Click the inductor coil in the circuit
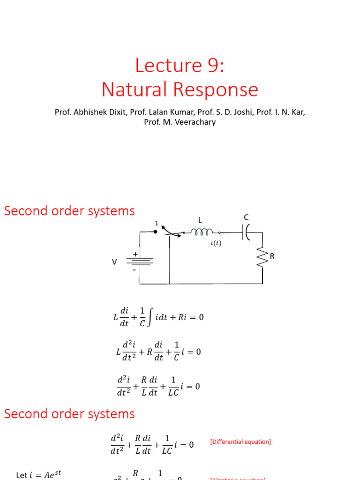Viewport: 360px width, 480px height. (202, 232)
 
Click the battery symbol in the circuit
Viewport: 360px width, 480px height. (139, 262)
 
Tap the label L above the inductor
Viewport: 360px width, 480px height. (200, 219)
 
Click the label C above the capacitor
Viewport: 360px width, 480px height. (246, 217)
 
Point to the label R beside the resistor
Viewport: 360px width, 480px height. (272, 256)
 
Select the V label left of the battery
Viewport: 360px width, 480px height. (114, 262)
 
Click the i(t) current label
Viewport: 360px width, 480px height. (216, 243)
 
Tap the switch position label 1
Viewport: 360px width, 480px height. (157, 223)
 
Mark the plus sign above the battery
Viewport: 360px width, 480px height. (135, 254)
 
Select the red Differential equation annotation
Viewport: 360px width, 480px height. (240, 442)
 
